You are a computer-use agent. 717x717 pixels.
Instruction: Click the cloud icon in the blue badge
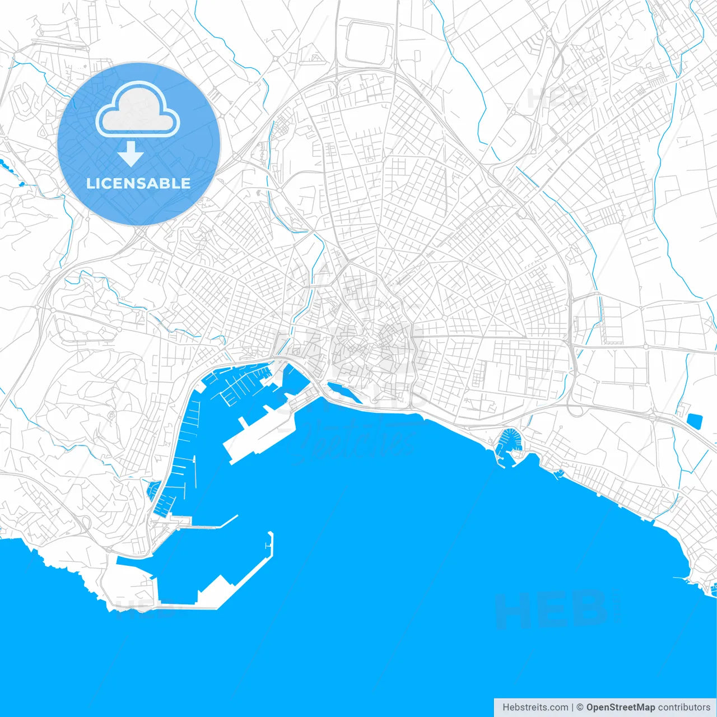coord(138,109)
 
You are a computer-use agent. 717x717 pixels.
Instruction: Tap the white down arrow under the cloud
coord(131,153)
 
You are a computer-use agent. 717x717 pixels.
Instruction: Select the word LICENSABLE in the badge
coord(138,183)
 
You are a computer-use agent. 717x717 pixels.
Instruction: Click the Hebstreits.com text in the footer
coord(535,707)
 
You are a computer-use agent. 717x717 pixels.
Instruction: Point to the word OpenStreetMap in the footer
coord(621,707)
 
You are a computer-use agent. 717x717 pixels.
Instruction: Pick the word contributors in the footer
coord(684,707)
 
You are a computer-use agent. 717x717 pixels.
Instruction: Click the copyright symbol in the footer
coord(580,707)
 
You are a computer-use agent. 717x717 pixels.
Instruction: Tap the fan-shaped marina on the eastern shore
coord(510,440)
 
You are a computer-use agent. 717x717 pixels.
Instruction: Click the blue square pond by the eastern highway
coord(695,421)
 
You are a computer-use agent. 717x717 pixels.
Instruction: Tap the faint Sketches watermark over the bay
coord(358,443)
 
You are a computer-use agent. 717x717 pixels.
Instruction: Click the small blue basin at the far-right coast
coord(713,588)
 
